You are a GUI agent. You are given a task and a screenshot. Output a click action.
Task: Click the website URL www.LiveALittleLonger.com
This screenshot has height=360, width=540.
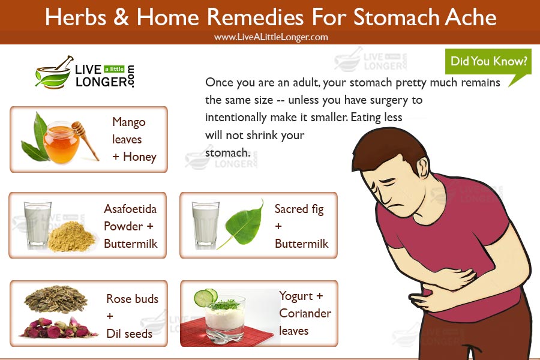pyautogui.click(x=271, y=37)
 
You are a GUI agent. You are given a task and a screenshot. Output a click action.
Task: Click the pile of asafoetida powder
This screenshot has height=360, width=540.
pyautogui.click(x=71, y=238)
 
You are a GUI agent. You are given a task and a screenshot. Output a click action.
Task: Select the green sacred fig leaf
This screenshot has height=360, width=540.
pyautogui.click(x=239, y=223)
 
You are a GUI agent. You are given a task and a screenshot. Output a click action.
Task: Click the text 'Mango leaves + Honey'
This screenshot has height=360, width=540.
pyautogui.click(x=133, y=139)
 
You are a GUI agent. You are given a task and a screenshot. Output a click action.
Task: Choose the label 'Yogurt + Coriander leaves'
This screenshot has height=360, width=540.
pyautogui.click(x=304, y=313)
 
